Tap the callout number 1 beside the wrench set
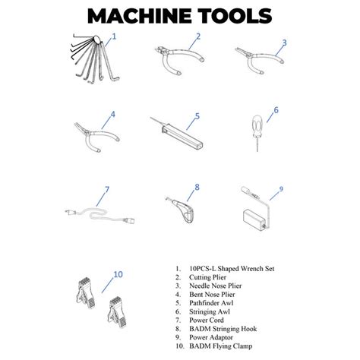tap(115, 36)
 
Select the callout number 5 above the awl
tap(197, 116)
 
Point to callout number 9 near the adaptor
tap(280, 189)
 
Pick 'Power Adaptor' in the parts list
tap(216, 337)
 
